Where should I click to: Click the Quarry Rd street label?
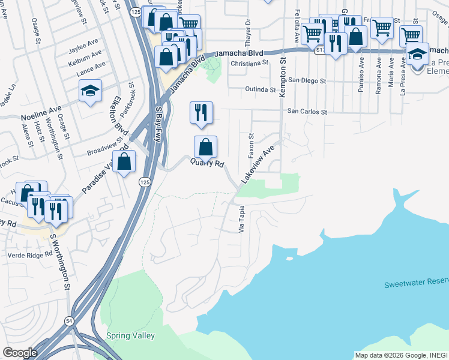point(208,163)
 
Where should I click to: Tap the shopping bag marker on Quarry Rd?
point(205,147)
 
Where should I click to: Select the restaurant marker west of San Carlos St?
point(201,112)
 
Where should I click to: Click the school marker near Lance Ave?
point(90,92)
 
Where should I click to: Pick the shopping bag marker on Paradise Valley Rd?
point(124,162)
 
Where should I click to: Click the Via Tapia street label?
point(242,219)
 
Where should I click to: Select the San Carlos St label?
point(306,112)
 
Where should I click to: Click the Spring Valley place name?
point(130,336)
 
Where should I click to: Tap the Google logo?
point(20,352)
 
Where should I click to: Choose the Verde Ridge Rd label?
point(31,254)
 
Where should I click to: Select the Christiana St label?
point(248,62)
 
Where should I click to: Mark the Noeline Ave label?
point(41,111)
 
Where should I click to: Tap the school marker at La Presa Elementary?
point(417,54)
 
